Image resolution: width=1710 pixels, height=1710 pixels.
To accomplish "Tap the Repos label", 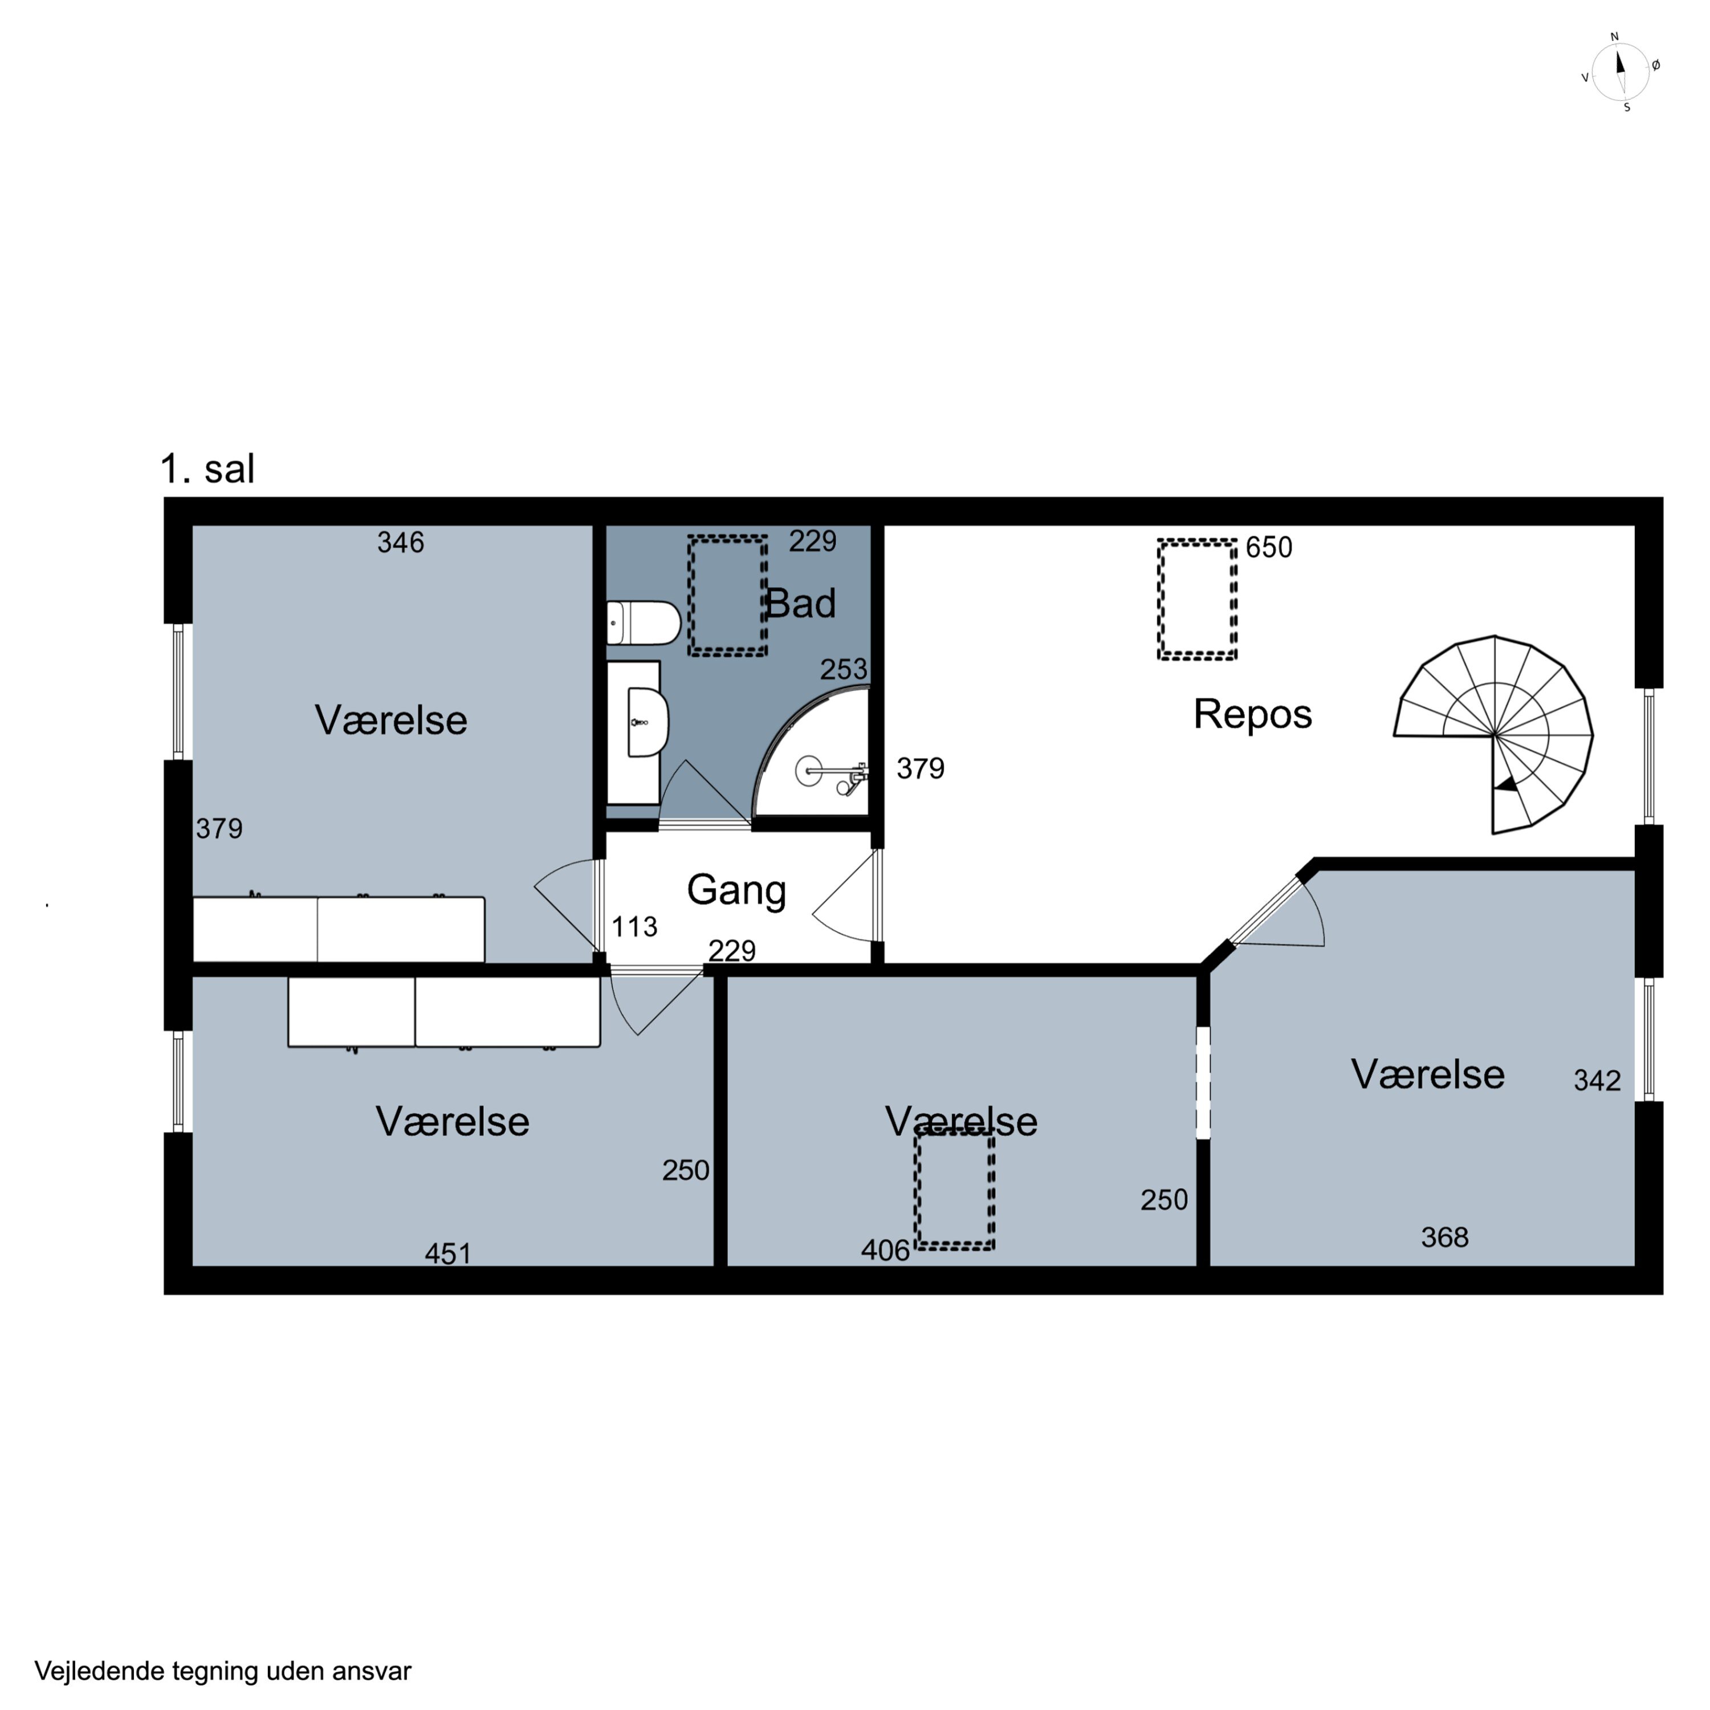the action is [1252, 714].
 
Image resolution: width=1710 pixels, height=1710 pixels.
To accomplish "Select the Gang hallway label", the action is [736, 890].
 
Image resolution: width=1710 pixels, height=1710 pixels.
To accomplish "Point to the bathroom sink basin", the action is [647, 723].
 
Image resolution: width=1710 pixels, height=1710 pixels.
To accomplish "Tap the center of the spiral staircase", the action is [1494, 735].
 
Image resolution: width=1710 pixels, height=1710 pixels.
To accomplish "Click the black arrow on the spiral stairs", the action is [1505, 785].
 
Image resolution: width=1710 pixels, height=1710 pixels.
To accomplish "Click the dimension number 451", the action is [448, 1254].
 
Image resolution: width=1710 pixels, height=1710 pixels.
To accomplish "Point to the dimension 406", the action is [885, 1251].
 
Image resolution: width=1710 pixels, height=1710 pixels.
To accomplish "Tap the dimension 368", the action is [1444, 1237].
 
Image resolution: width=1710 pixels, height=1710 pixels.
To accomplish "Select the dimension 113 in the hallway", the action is [634, 927].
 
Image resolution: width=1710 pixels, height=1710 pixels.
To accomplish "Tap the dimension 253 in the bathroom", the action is [844, 669].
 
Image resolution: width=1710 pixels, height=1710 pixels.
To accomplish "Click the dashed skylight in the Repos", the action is [1196, 600].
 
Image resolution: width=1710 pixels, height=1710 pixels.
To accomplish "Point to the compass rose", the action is [1621, 72].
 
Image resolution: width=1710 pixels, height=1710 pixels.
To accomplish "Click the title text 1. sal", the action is [207, 469].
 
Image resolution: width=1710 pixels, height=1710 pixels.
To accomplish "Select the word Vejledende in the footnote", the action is [100, 1671].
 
